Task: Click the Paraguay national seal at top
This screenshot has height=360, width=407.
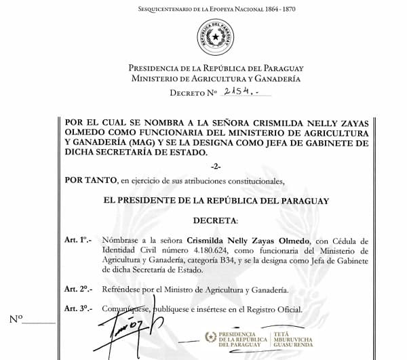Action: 215,38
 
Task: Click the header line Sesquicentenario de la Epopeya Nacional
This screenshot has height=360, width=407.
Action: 215,9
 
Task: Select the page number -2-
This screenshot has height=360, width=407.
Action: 215,167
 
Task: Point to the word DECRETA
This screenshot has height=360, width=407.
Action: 215,221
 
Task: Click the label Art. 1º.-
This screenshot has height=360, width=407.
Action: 78,240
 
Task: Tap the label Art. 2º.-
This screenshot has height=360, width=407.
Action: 78,289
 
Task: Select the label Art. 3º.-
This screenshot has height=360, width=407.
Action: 78,308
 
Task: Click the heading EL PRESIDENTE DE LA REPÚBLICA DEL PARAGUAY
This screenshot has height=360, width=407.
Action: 215,201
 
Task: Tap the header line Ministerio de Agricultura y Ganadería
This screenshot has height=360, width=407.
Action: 215,79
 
